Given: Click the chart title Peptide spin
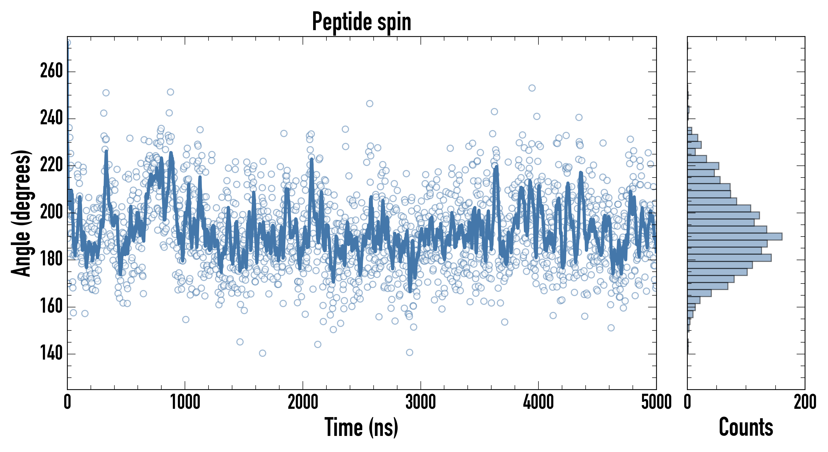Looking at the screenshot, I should point(362,22).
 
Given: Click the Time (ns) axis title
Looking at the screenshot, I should point(361,427).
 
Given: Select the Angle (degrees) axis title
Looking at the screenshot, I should point(21,213).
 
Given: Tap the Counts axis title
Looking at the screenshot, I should point(746,427).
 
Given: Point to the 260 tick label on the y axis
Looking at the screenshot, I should point(51,71).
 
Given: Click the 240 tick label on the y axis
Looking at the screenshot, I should point(51,118).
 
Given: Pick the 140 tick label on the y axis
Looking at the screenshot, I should point(51,354).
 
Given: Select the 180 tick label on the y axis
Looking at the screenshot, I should point(51,260).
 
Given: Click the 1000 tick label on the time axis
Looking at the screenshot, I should point(185,402).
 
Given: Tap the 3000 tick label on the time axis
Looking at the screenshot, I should point(421,402).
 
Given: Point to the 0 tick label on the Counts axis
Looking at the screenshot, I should point(687,402).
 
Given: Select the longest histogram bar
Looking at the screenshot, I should point(734,237).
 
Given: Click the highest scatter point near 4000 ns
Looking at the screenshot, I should point(532,88).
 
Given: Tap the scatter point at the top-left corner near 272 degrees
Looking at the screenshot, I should point(68,42).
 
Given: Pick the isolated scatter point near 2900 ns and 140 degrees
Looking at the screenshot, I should point(409,352).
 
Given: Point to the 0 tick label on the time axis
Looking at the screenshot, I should point(67,402).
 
